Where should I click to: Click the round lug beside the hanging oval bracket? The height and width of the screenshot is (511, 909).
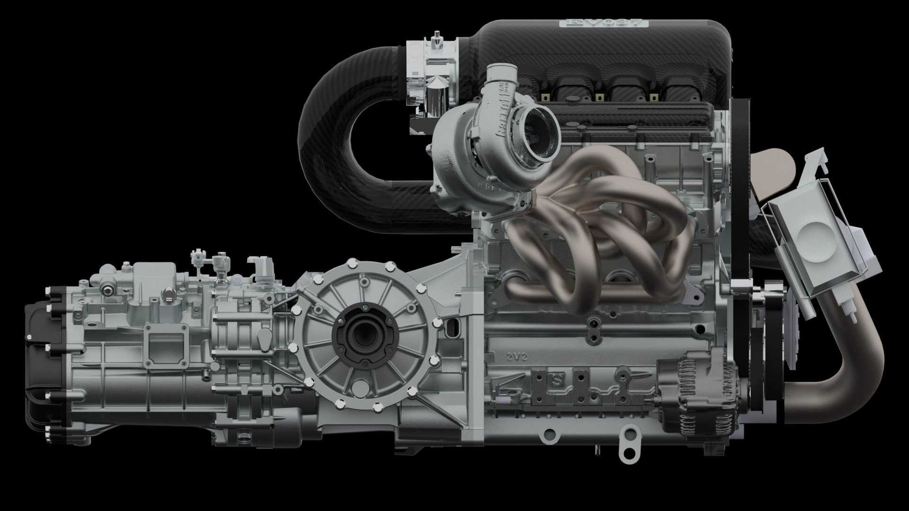pyautogui.click(x=549, y=433)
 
